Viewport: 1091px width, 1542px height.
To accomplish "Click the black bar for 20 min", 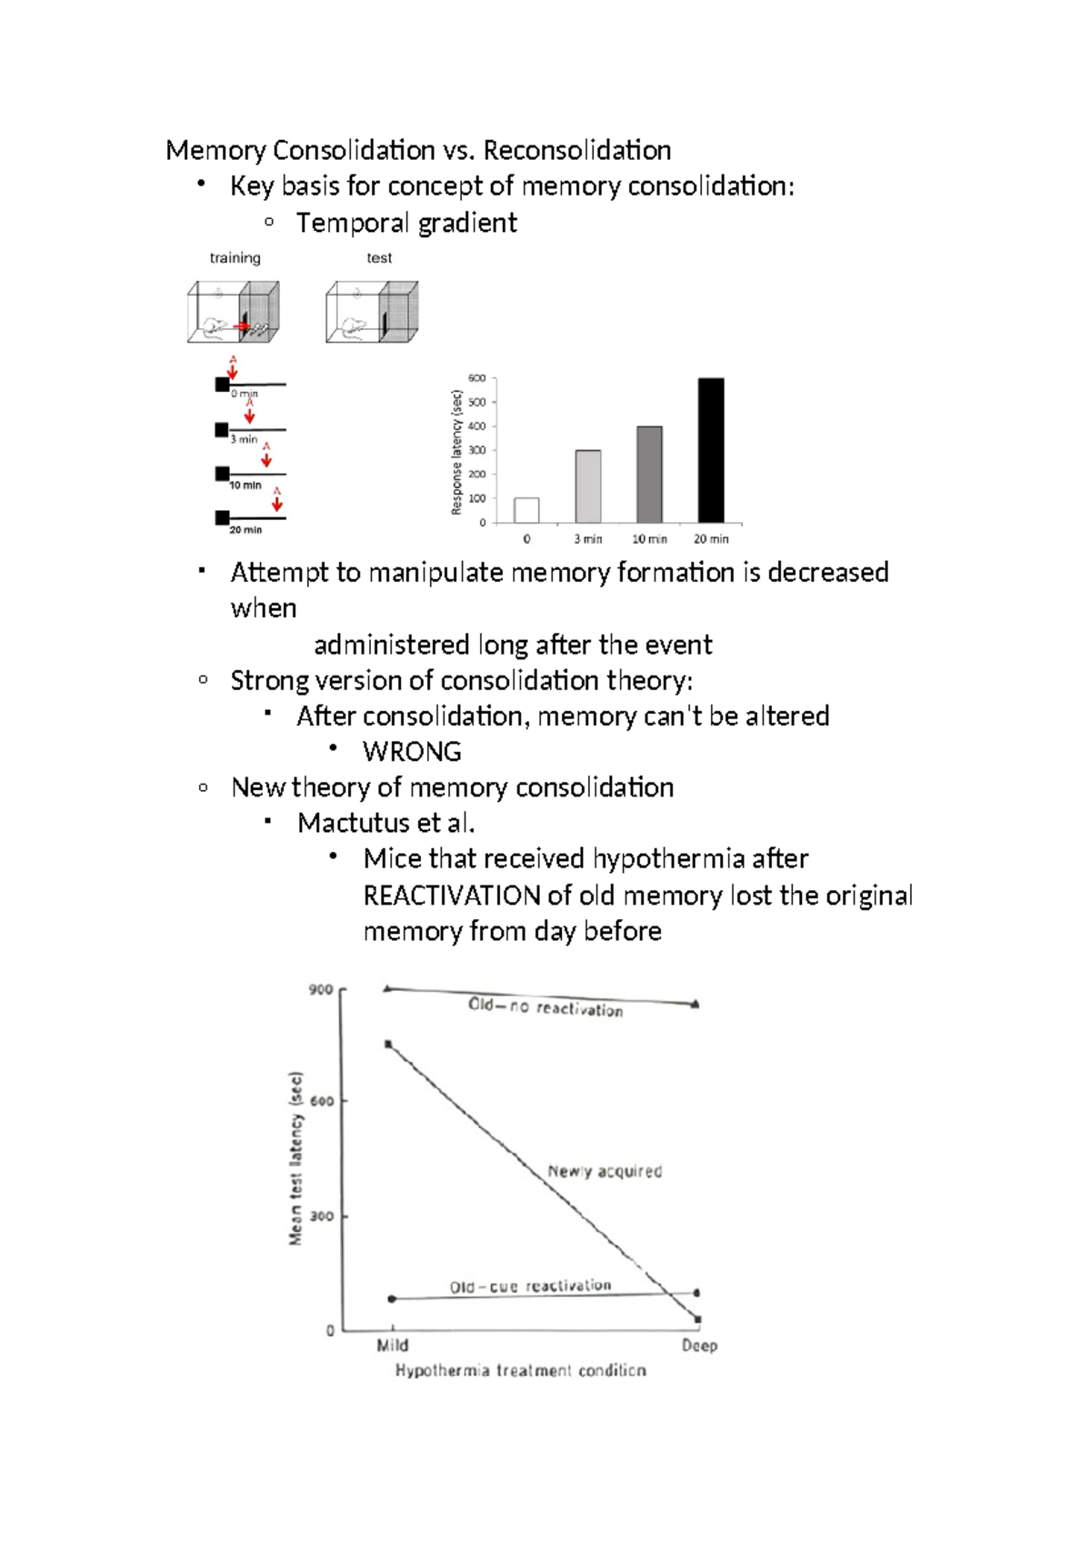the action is pos(710,450).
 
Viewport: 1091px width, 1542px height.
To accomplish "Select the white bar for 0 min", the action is pos(526,510).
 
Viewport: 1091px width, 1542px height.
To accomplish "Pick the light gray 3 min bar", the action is pos(588,486).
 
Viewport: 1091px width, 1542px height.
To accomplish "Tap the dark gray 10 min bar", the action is pos(649,475).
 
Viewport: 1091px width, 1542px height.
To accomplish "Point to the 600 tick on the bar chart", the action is pos(476,378).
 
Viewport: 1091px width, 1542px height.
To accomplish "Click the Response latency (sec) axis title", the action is pos(456,452).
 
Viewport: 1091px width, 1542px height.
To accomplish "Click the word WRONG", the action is pos(412,752).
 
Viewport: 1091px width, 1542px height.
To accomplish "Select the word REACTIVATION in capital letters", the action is pos(452,896).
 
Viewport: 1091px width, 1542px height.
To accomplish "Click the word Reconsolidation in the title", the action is pos(577,150).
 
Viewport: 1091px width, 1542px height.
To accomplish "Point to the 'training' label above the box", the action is pos(235,258).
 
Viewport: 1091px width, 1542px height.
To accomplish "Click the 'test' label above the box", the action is pos(379,258).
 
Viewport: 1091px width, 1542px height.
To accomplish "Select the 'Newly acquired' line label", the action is pos(605,1171).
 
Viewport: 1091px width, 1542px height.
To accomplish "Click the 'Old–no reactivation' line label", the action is pos(545,1006).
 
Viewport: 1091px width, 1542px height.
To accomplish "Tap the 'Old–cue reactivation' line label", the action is pos(530,1287).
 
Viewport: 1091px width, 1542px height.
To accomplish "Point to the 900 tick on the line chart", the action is pos(321,989).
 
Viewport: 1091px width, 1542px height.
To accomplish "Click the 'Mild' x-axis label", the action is pos(392,1346).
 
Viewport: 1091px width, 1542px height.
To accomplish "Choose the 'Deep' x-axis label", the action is pos(699,1346).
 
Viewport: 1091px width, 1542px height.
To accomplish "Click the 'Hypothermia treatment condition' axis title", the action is pos(520,1370).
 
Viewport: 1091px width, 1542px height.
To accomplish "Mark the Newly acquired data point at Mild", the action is pos(388,1045).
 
